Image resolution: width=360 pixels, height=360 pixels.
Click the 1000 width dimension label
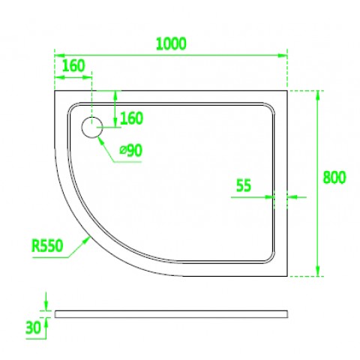[171, 44]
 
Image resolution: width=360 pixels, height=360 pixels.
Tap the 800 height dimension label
[334, 178]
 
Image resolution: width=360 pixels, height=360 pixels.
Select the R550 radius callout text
[47, 245]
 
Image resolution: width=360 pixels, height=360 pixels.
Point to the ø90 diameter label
[130, 151]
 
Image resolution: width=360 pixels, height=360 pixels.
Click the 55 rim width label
[244, 185]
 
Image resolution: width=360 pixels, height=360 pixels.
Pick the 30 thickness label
[33, 328]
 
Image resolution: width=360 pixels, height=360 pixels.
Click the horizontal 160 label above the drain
[73, 66]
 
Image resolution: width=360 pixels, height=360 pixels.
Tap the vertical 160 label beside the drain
[131, 118]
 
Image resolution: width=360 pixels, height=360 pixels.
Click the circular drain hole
[92, 127]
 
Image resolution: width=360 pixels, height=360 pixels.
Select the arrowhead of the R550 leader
[87, 240]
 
